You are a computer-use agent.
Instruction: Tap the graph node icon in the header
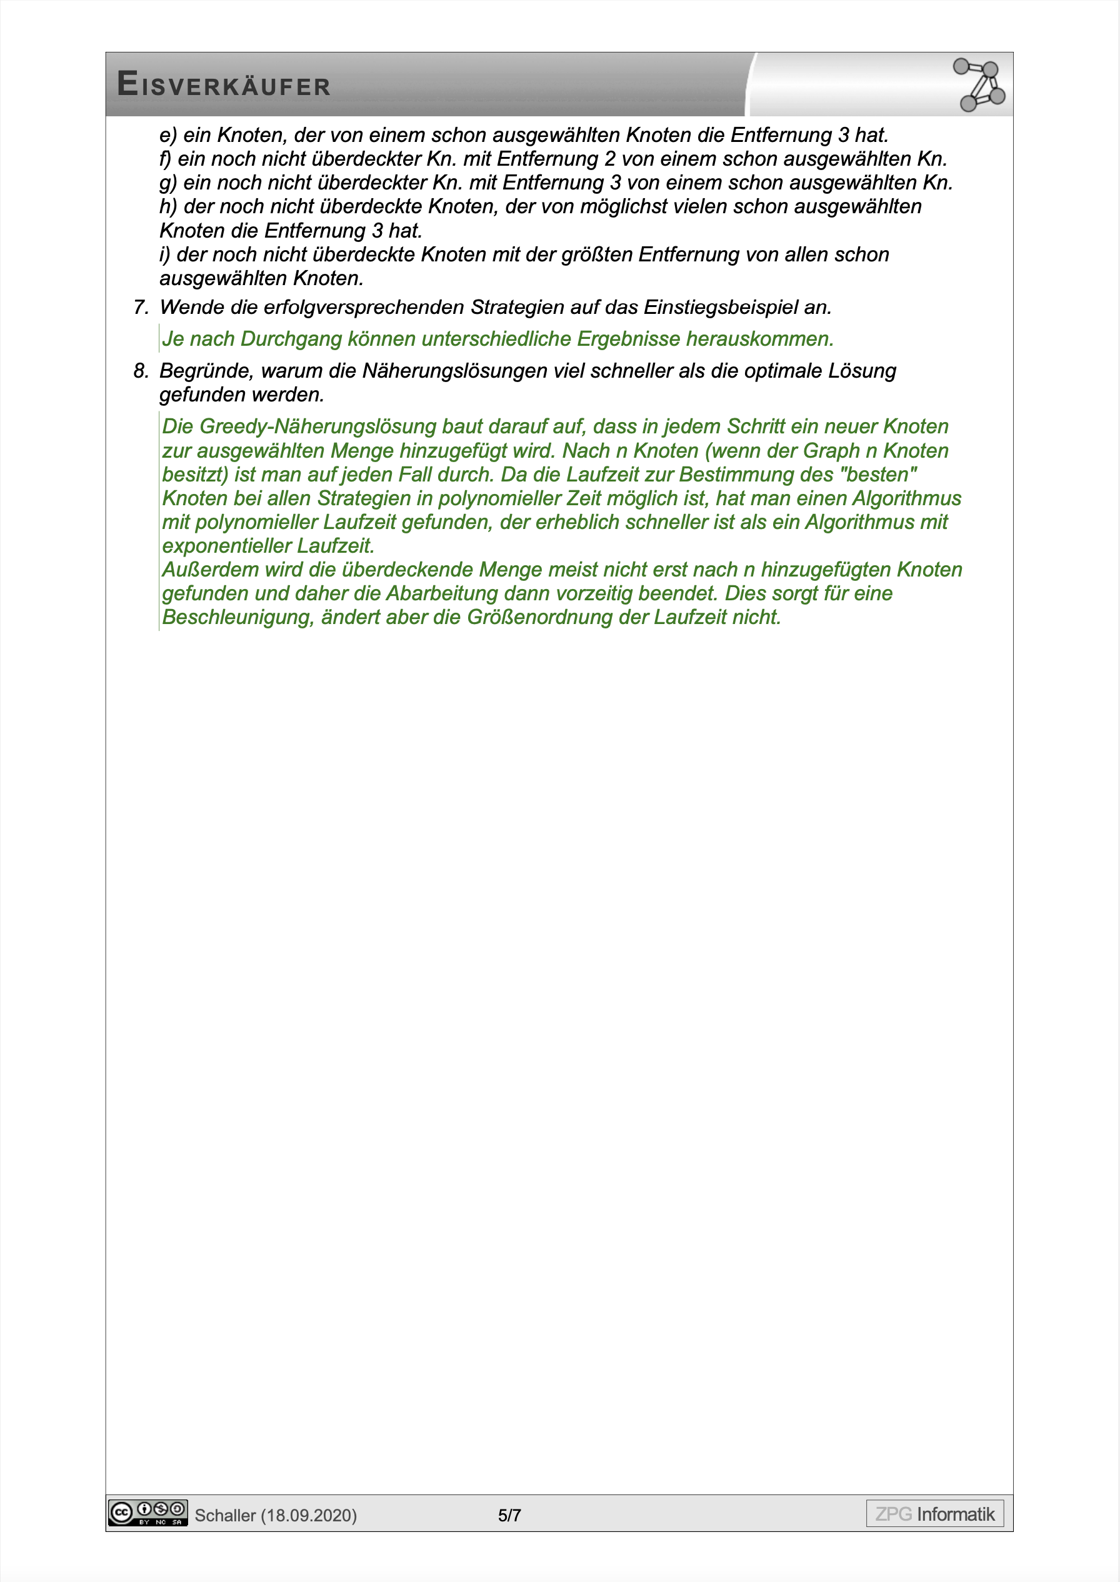pyautogui.click(x=979, y=85)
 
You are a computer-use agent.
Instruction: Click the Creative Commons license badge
pyautogui.click(x=147, y=1513)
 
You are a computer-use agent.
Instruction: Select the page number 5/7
pyautogui.click(x=509, y=1515)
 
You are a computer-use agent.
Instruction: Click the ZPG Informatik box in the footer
pyautogui.click(x=934, y=1514)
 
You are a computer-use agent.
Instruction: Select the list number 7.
pyautogui.click(x=141, y=308)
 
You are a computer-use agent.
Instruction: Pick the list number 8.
pyautogui.click(x=141, y=371)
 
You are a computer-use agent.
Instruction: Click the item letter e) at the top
pyautogui.click(x=167, y=135)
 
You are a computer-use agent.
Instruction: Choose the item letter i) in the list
pyautogui.click(x=165, y=254)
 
